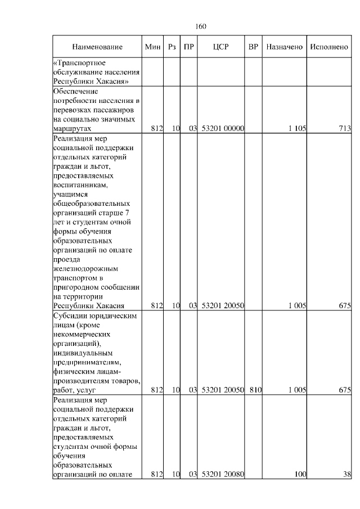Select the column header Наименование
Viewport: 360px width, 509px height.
coord(97,47)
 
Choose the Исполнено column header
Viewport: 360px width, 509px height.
coord(329,47)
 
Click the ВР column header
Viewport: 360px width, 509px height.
coord(253,47)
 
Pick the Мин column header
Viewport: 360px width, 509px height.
coord(152,47)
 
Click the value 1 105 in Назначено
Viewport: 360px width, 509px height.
coord(297,129)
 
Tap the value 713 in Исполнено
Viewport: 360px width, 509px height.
coord(344,129)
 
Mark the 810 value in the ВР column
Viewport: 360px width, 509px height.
coord(256,390)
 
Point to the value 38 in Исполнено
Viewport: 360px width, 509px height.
coord(347,474)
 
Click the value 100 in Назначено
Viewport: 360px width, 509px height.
coord(300,474)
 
